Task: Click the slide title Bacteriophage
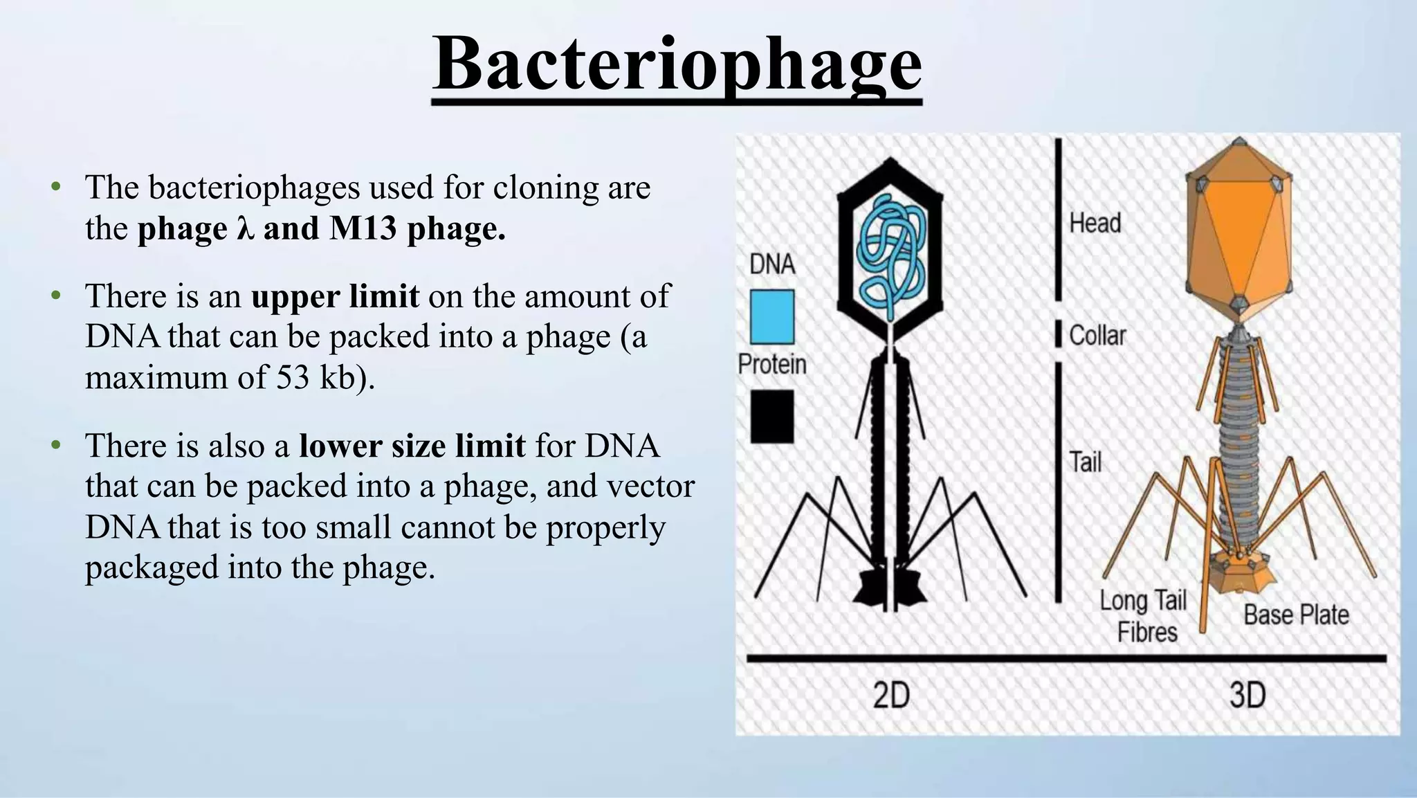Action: pyautogui.click(x=677, y=64)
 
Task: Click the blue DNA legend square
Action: pyautogui.click(x=772, y=317)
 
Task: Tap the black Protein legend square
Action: pyautogui.click(x=772, y=417)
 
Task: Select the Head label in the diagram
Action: pyautogui.click(x=1095, y=224)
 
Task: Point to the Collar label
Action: pyautogui.click(x=1097, y=336)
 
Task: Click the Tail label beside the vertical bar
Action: pyautogui.click(x=1085, y=462)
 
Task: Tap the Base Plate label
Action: pyautogui.click(x=1296, y=615)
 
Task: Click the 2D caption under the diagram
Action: pyautogui.click(x=891, y=695)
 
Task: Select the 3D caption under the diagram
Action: pyautogui.click(x=1247, y=695)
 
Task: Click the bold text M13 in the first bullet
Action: pyautogui.click(x=363, y=228)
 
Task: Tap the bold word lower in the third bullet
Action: pyautogui.click(x=339, y=446)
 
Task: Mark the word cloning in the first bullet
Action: pyautogui.click(x=545, y=188)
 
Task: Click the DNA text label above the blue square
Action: pyautogui.click(x=772, y=264)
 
